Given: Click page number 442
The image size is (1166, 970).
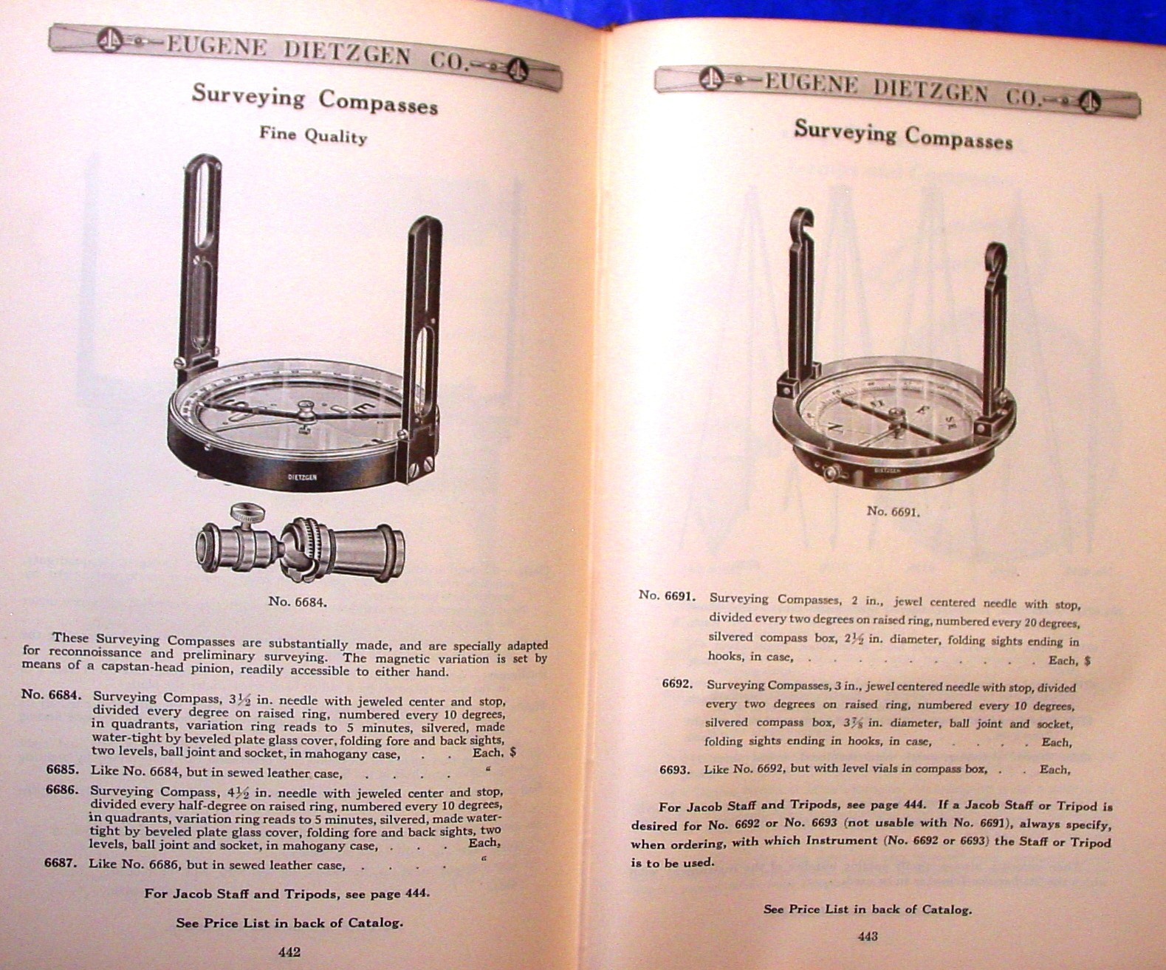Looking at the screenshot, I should tap(289, 952).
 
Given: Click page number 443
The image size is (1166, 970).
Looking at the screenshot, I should tap(868, 937).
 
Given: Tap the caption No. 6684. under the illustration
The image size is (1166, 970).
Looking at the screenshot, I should tap(297, 601).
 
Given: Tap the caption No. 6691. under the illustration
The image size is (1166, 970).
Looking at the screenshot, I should tap(893, 510).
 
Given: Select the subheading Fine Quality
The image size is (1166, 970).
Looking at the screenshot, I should tap(312, 135).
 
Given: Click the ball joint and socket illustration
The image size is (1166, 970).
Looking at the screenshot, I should tap(300, 545).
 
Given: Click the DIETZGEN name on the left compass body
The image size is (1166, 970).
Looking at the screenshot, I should tap(302, 477).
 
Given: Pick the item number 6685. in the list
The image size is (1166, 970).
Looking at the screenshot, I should tap(62, 770).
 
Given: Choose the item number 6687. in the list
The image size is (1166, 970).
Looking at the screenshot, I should tap(61, 862).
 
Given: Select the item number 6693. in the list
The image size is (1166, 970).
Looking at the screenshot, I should tap(675, 769).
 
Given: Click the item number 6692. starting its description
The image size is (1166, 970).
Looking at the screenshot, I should tap(677, 684).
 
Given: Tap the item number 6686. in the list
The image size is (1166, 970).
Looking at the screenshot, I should tap(62, 789).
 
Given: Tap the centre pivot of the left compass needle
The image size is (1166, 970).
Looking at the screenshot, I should tap(303, 409).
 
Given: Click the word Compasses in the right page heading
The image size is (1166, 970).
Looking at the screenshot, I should tap(959, 137).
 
